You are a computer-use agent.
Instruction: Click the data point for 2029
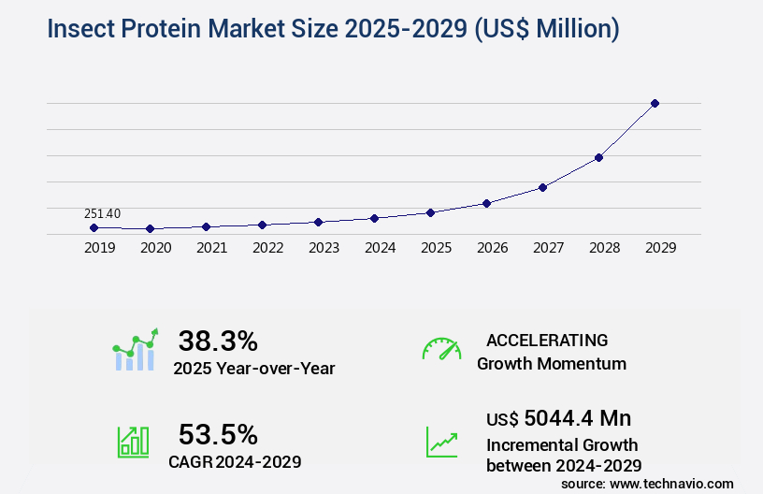655,103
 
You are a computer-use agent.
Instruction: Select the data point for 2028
598,157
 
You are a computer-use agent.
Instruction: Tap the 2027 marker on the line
542,187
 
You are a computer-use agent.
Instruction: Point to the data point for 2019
94,227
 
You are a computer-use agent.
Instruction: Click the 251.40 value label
102,214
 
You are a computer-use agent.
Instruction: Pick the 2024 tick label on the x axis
380,248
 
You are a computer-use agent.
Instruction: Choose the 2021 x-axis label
211,248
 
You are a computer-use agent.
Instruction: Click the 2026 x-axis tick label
492,248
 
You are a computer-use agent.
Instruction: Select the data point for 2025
430,212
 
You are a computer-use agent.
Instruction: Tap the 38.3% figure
218,341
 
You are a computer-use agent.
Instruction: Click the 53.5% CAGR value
218,434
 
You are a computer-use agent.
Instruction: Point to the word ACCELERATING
547,340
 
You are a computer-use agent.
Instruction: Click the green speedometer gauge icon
441,349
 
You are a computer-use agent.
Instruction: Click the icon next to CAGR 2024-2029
133,442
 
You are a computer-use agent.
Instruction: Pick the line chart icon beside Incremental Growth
441,442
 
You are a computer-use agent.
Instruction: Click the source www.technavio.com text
647,483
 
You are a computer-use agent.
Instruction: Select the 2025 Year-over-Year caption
253,369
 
